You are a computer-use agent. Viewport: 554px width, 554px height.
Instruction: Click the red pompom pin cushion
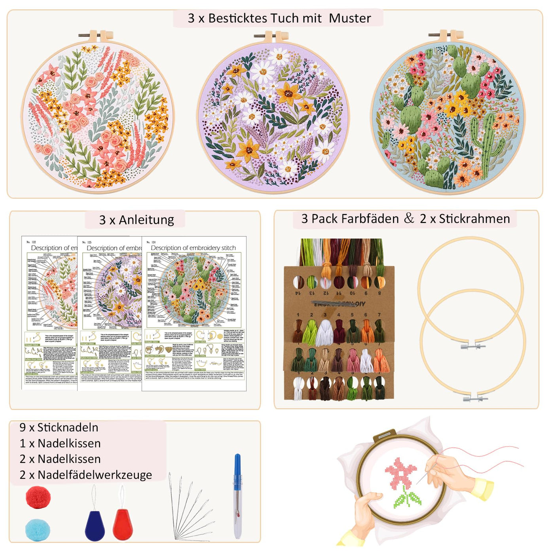click(38, 497)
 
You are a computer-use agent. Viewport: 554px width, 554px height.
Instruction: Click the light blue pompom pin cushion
click(38, 529)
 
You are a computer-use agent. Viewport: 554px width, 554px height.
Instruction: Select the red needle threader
click(123, 524)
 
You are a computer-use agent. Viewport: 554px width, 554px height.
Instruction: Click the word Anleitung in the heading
click(146, 220)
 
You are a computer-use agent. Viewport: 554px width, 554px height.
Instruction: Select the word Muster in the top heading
click(350, 18)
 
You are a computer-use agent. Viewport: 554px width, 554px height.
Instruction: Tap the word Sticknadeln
click(68, 427)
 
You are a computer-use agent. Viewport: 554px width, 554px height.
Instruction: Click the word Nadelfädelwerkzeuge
click(95, 474)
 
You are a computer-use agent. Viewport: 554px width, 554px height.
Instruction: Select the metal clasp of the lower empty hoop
click(473, 398)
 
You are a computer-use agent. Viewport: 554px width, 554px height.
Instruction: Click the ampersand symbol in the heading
click(409, 218)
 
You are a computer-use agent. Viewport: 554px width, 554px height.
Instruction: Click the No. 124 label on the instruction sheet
click(151, 242)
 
